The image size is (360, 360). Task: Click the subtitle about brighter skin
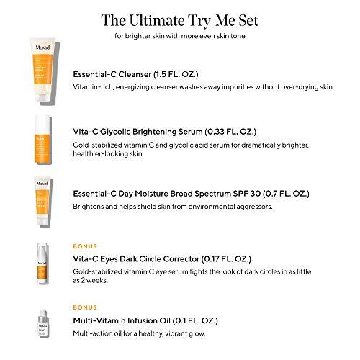click(179, 36)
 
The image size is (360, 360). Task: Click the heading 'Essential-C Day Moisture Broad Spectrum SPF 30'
click(191, 193)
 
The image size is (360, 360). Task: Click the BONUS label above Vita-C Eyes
click(86, 246)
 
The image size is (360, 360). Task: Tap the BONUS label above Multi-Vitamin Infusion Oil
click(86, 307)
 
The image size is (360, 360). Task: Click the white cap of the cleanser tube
click(40, 94)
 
